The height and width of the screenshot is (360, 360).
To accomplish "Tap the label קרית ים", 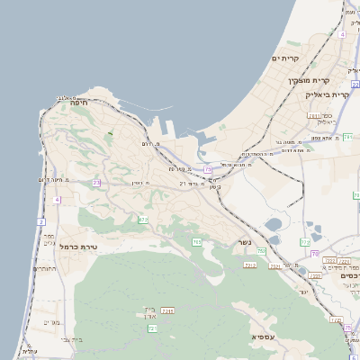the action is click(284, 58).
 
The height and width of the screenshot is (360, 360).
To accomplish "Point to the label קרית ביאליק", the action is click(327, 94).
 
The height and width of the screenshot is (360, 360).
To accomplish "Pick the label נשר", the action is click(244, 242).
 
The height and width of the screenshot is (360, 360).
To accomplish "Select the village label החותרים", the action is click(43, 268).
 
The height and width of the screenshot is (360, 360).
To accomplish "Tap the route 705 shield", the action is click(196, 243).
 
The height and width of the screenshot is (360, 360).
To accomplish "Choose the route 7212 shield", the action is click(250, 265).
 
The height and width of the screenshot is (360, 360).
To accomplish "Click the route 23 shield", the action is click(96, 183).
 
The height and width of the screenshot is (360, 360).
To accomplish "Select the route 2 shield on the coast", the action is click(41, 221).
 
